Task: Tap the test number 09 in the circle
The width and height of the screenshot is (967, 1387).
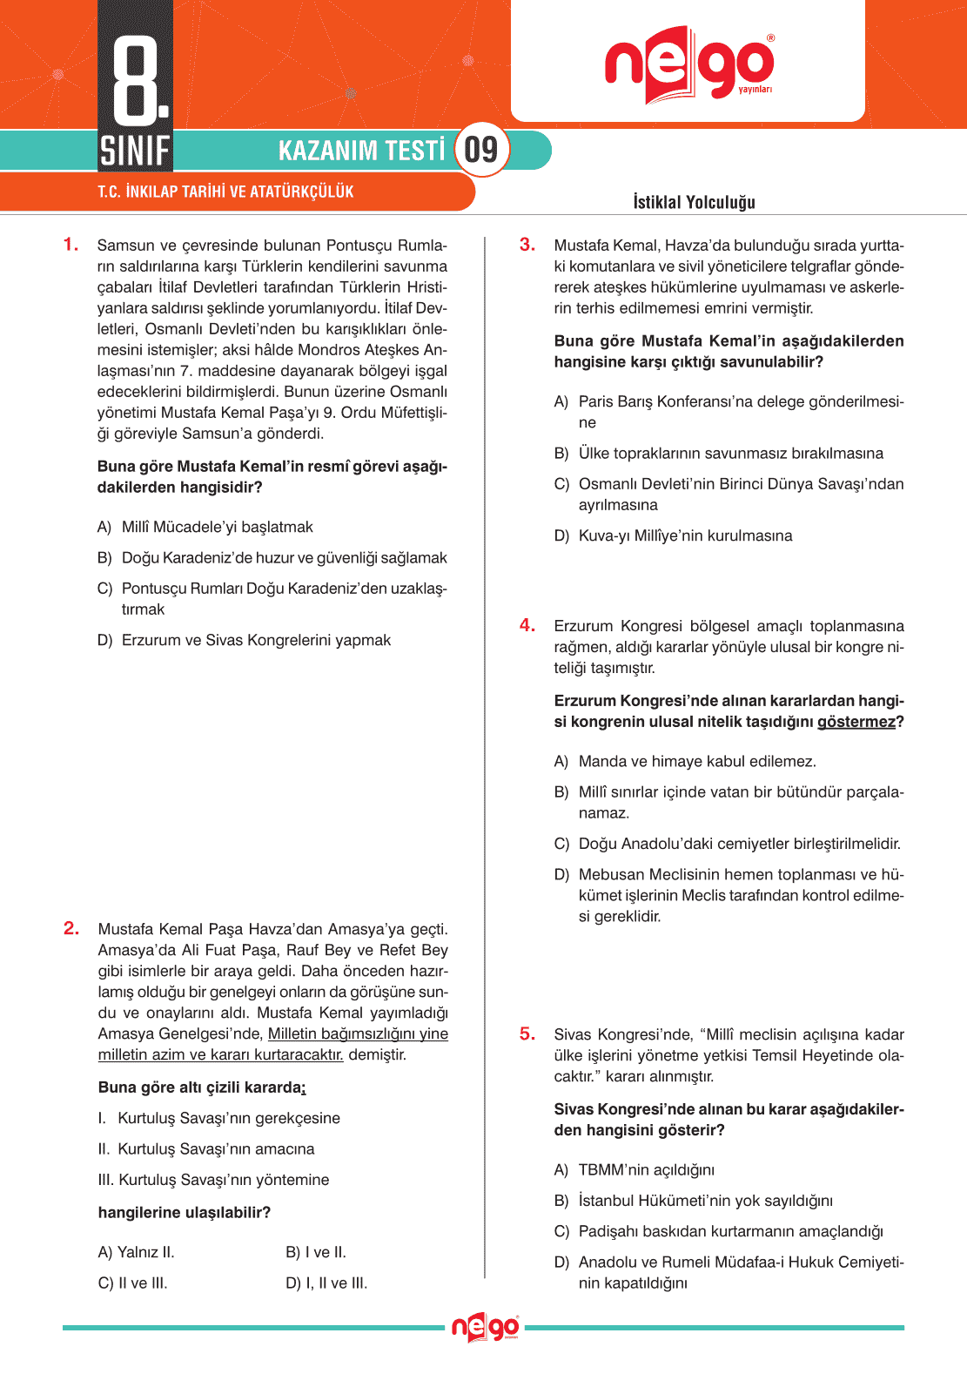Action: pyautogui.click(x=480, y=150)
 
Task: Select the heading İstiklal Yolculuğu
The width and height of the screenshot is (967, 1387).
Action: pyautogui.click(x=694, y=202)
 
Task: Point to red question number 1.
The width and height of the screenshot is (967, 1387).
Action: pyautogui.click(x=71, y=245)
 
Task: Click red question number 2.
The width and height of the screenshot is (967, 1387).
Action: pyautogui.click(x=71, y=928)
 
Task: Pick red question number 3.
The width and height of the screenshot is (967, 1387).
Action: pyautogui.click(x=527, y=245)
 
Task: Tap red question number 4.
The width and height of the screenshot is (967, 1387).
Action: pyautogui.click(x=527, y=625)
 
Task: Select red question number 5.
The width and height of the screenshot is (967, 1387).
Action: pyautogui.click(x=527, y=1034)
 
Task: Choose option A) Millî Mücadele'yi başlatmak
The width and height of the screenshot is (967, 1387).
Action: pyautogui.click(x=205, y=527)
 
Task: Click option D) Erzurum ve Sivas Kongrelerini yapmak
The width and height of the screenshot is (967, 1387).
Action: pyautogui.click(x=245, y=640)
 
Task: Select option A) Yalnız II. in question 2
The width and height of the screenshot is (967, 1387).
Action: pyautogui.click(x=137, y=1252)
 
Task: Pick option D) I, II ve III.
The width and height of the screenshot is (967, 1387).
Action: pyautogui.click(x=326, y=1283)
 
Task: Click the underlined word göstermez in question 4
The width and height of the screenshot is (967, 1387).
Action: pyautogui.click(x=856, y=722)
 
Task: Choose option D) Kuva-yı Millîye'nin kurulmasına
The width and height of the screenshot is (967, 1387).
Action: pyautogui.click(x=673, y=535)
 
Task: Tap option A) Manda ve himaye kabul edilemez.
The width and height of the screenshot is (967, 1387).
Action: pyautogui.click(x=685, y=761)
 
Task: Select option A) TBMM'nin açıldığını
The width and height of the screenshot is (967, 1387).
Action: pyautogui.click(x=635, y=1169)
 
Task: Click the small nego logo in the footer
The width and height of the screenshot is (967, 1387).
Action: pyautogui.click(x=485, y=1328)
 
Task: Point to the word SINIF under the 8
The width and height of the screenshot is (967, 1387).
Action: pyautogui.click(x=135, y=151)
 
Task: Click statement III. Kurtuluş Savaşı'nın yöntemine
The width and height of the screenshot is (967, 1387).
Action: pyautogui.click(x=214, y=1180)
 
